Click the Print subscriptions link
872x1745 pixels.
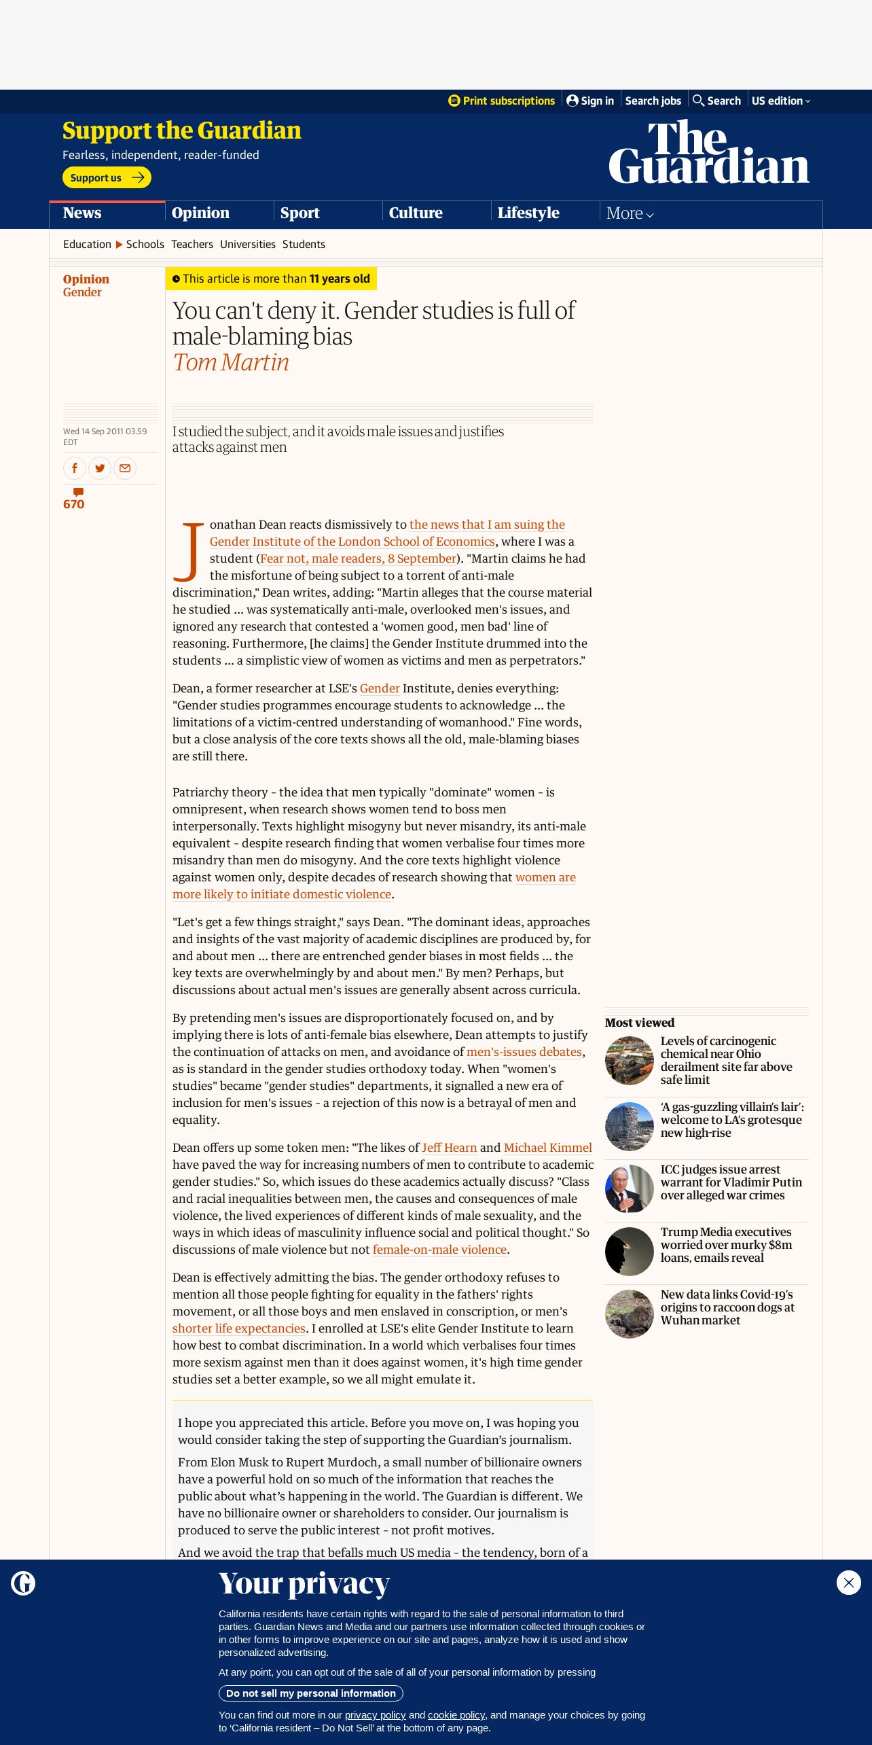pyautogui.click(x=502, y=101)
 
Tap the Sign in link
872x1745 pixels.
pyautogui.click(x=590, y=101)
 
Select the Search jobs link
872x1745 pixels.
pyautogui.click(x=653, y=101)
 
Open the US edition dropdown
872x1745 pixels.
pyautogui.click(x=780, y=101)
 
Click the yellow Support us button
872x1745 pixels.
pyautogui.click(x=107, y=177)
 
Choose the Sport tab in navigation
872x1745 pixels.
pyautogui.click(x=300, y=213)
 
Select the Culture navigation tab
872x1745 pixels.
pyautogui.click(x=416, y=213)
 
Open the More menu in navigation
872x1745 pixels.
pyautogui.click(x=630, y=213)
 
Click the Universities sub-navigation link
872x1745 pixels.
pyautogui.click(x=248, y=244)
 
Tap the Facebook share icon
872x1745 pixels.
pyautogui.click(x=75, y=468)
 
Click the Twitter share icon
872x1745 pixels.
pyautogui.click(x=100, y=468)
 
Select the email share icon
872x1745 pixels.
pyautogui.click(x=125, y=468)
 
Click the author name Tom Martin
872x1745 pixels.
pyautogui.click(x=231, y=362)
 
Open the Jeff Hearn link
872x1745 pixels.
pyautogui.click(x=449, y=1148)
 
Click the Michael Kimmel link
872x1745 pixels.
pyautogui.click(x=547, y=1148)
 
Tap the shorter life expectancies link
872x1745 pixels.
pyautogui.click(x=238, y=1328)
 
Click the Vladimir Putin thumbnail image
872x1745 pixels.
pyautogui.click(x=630, y=1188)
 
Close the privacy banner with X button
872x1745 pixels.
pyautogui.click(x=848, y=1583)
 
